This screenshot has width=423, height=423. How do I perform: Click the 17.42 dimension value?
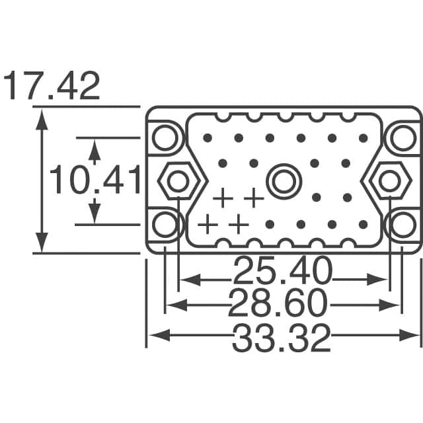click(52, 87)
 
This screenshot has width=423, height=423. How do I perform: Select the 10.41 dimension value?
click(95, 180)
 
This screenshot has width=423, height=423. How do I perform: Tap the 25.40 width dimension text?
click(282, 272)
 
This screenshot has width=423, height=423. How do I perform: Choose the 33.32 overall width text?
click(281, 339)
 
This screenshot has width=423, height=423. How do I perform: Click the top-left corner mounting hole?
click(164, 137)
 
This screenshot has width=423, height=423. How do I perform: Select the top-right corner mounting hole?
click(401, 137)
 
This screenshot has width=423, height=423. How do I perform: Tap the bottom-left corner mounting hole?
click(164, 224)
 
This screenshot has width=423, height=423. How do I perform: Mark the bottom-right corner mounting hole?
click(401, 224)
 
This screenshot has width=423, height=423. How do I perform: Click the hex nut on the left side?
click(177, 180)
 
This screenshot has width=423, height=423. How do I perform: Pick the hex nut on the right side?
click(387, 180)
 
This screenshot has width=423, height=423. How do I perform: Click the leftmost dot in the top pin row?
click(208, 138)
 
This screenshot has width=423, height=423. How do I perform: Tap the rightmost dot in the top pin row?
click(363, 138)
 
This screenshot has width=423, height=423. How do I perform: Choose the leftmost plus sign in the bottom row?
click(208, 224)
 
